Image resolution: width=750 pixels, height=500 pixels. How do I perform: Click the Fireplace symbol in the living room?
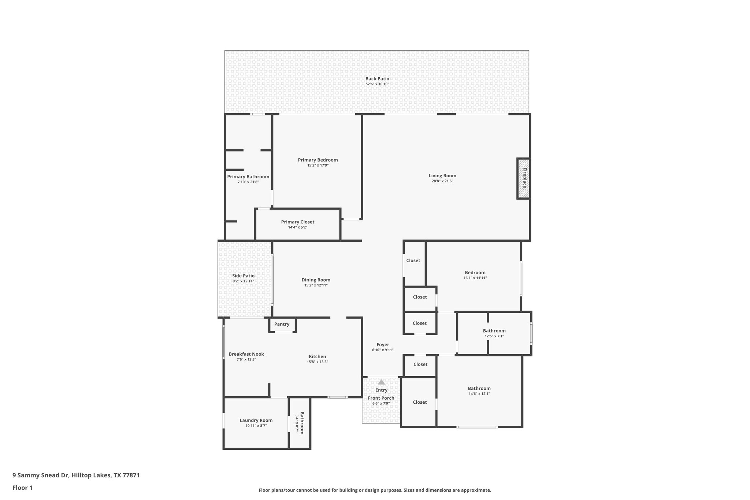tap(524, 178)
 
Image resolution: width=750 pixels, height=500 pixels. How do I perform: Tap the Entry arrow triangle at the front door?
tap(381, 382)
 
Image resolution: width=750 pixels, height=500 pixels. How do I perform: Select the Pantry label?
tap(282, 324)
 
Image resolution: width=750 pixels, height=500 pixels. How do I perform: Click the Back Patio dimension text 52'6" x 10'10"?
tap(377, 84)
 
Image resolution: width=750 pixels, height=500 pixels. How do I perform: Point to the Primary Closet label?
tap(297, 222)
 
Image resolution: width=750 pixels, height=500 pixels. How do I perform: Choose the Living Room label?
tap(442, 176)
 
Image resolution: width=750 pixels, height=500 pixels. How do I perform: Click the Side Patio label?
tap(243, 276)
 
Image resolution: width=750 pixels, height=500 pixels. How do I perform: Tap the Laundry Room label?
tap(256, 421)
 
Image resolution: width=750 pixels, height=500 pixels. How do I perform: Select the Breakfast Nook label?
tap(246, 354)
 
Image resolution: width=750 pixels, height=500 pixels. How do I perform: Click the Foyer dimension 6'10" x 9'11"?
tap(383, 350)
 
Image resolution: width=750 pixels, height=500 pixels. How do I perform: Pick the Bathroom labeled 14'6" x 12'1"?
tap(479, 389)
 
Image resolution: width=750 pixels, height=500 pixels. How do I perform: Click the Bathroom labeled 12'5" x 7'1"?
tap(494, 331)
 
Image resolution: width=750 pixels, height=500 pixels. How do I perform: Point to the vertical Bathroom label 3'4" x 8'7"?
tap(301, 423)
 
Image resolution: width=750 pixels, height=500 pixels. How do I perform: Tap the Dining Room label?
tap(316, 280)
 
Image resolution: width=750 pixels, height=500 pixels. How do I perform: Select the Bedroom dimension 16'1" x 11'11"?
tap(475, 278)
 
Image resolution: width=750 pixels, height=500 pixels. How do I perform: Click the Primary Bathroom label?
tap(248, 177)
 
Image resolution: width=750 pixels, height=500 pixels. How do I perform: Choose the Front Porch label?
tap(381, 398)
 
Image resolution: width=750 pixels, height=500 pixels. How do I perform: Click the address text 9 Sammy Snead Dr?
tap(41, 475)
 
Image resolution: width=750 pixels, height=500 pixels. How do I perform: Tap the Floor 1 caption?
tap(22, 488)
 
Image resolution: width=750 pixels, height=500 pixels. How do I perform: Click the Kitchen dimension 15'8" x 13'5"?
tap(317, 362)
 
